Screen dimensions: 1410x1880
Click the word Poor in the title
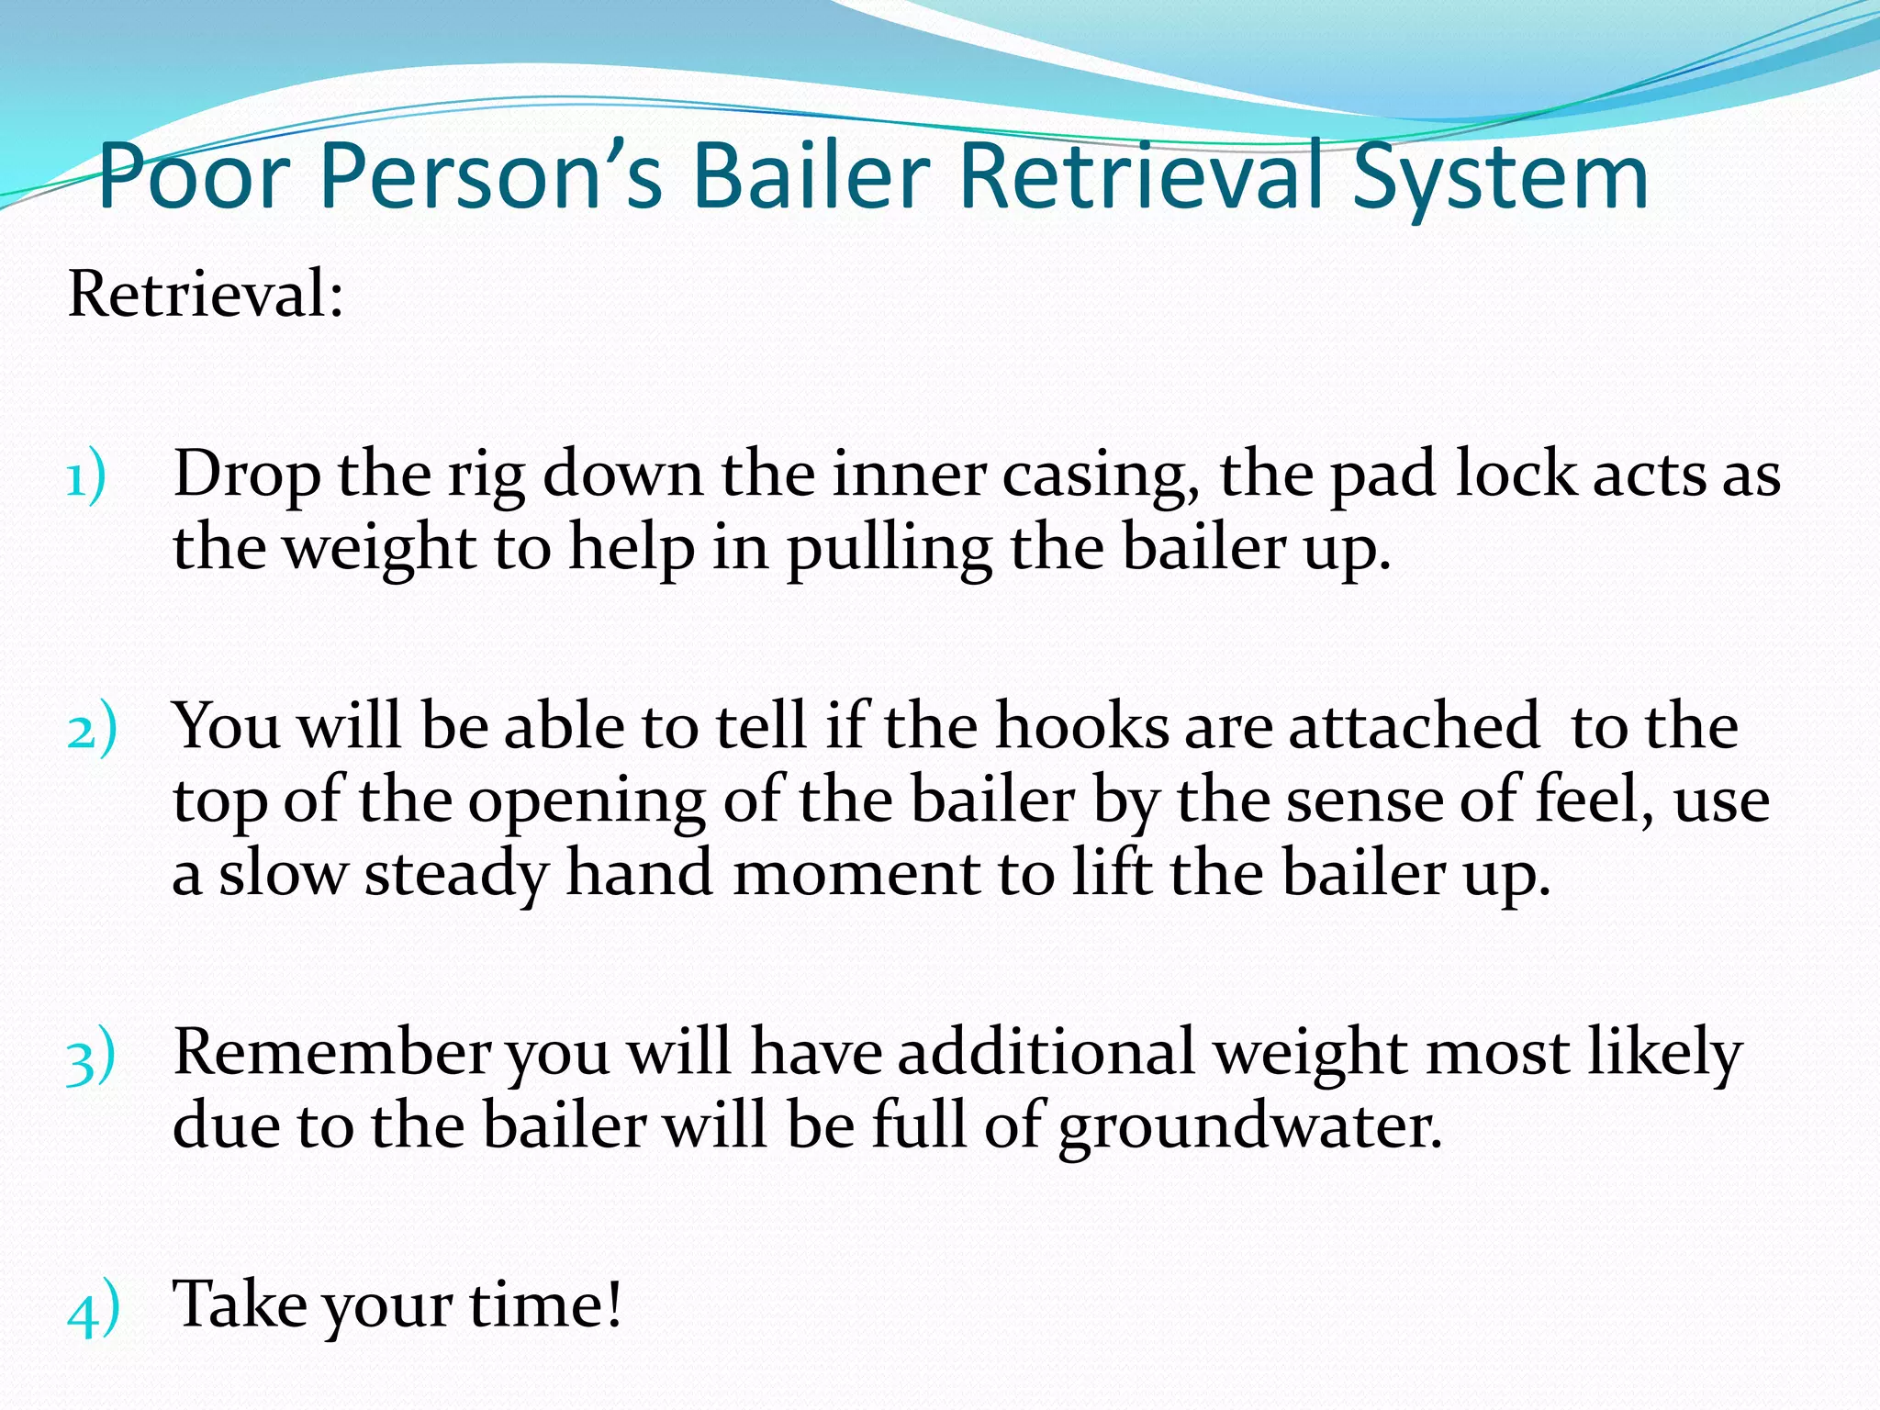click(195, 176)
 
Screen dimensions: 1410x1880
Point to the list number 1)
click(87, 477)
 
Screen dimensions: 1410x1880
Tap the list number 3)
click(92, 1056)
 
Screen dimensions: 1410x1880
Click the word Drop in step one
click(247, 476)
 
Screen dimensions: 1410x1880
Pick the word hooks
click(1083, 727)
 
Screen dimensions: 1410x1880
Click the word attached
click(1415, 727)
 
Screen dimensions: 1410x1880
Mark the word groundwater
click(1249, 1127)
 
